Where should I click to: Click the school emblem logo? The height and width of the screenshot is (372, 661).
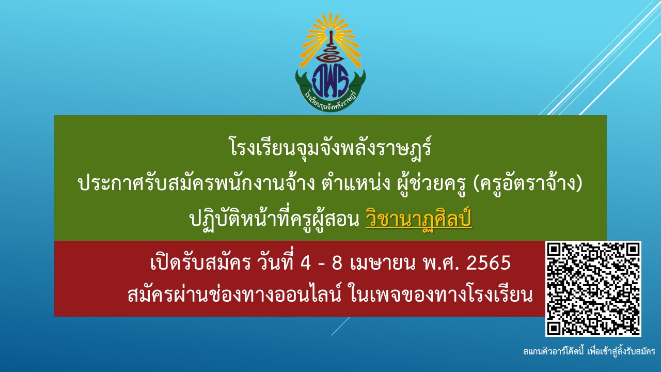[x=330, y=62]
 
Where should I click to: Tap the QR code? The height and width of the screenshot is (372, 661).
[x=593, y=289]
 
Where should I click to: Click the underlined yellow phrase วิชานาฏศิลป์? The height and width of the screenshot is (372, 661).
[x=418, y=220]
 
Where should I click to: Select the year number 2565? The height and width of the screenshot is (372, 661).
[x=489, y=263]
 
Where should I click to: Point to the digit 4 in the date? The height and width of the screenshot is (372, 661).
[x=306, y=263]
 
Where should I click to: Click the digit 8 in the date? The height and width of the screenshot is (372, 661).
[x=337, y=263]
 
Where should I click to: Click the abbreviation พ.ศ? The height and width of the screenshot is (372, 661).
[x=440, y=263]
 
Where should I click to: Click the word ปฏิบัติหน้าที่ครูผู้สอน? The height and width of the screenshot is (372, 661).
[x=274, y=220]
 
